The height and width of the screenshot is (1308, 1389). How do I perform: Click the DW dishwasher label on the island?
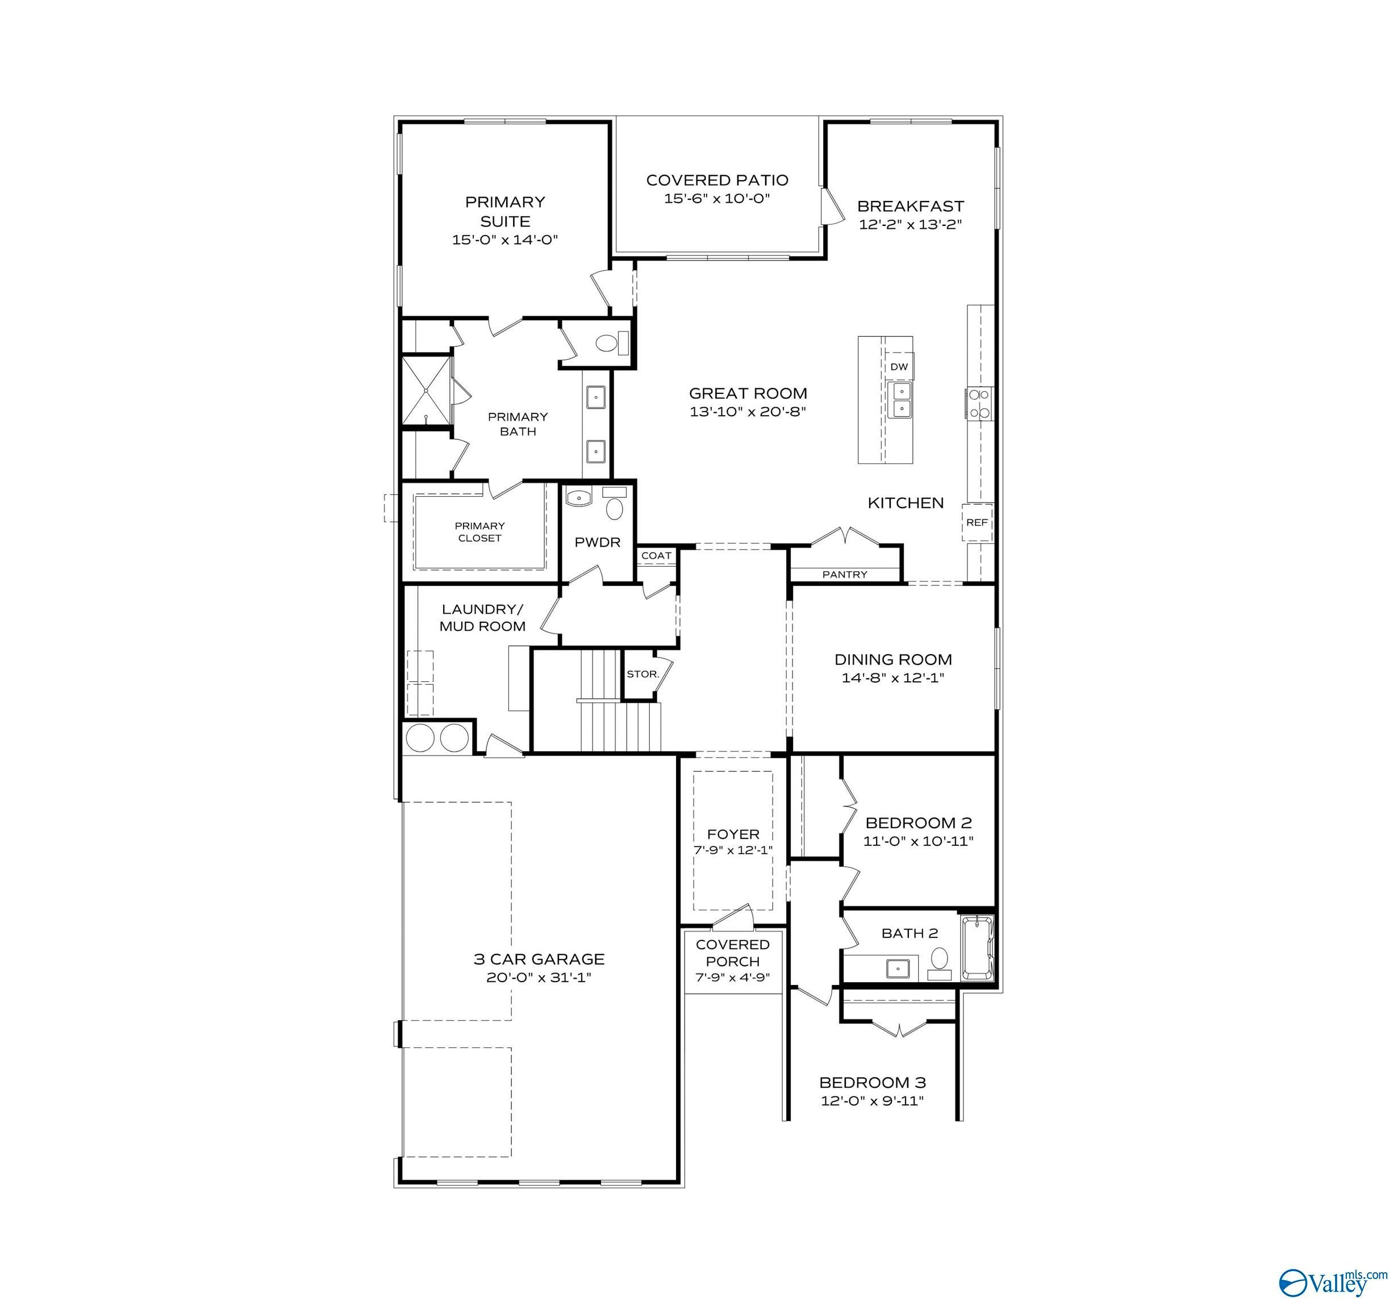tap(899, 367)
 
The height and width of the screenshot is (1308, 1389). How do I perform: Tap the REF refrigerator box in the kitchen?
tap(977, 522)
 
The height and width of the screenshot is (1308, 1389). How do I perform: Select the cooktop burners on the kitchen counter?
tap(979, 404)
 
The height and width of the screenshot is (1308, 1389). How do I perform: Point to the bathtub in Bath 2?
tap(978, 948)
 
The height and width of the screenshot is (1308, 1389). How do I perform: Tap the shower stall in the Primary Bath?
tap(426, 391)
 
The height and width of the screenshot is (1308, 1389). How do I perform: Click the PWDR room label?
tap(598, 542)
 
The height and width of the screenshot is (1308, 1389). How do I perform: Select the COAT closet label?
tap(656, 555)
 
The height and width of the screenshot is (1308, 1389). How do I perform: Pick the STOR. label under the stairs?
tap(643, 674)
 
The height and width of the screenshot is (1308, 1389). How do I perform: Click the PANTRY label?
tap(845, 574)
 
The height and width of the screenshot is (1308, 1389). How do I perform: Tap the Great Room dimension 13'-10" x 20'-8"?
tap(748, 412)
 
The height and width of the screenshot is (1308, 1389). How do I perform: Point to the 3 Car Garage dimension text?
tap(539, 977)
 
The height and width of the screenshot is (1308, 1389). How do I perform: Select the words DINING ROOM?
tap(893, 659)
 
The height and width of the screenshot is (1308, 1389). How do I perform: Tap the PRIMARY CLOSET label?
tap(479, 531)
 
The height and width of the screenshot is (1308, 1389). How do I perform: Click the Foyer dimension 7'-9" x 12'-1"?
tap(733, 850)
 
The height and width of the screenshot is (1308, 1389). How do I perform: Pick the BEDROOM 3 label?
tap(873, 1083)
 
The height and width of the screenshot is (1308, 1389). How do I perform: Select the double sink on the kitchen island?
tap(900, 400)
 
